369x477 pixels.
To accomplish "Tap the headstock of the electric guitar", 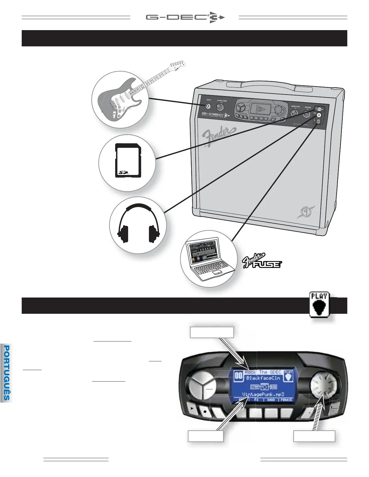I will click(177, 64).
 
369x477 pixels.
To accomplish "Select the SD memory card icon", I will click(128, 161).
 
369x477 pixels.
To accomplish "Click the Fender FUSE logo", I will click(262, 261).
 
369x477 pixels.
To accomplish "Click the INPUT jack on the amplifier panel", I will click(208, 106).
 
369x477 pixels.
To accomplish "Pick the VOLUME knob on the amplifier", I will click(307, 114).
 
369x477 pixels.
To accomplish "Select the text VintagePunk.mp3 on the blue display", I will click(263, 394).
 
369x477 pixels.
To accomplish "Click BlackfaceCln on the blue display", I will click(263, 378).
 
